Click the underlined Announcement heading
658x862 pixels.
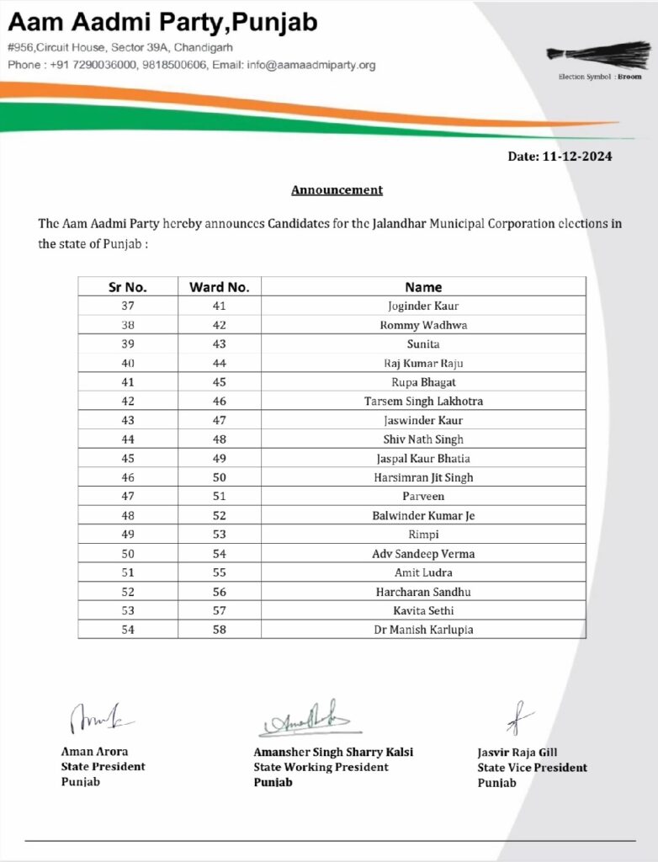(337, 190)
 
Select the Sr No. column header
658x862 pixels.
(128, 287)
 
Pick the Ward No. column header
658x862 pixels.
(220, 287)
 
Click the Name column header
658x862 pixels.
(423, 287)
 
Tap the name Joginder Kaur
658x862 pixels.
(423, 306)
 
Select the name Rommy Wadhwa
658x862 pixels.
(423, 325)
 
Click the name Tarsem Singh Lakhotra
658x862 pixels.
(423, 402)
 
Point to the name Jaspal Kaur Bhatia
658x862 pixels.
(423, 459)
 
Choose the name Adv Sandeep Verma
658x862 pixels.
(423, 554)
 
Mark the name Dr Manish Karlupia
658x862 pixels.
(423, 630)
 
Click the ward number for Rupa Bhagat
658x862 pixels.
(220, 382)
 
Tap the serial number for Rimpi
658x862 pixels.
(128, 535)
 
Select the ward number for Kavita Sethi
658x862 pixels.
(220, 610)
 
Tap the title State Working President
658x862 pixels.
(321, 767)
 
